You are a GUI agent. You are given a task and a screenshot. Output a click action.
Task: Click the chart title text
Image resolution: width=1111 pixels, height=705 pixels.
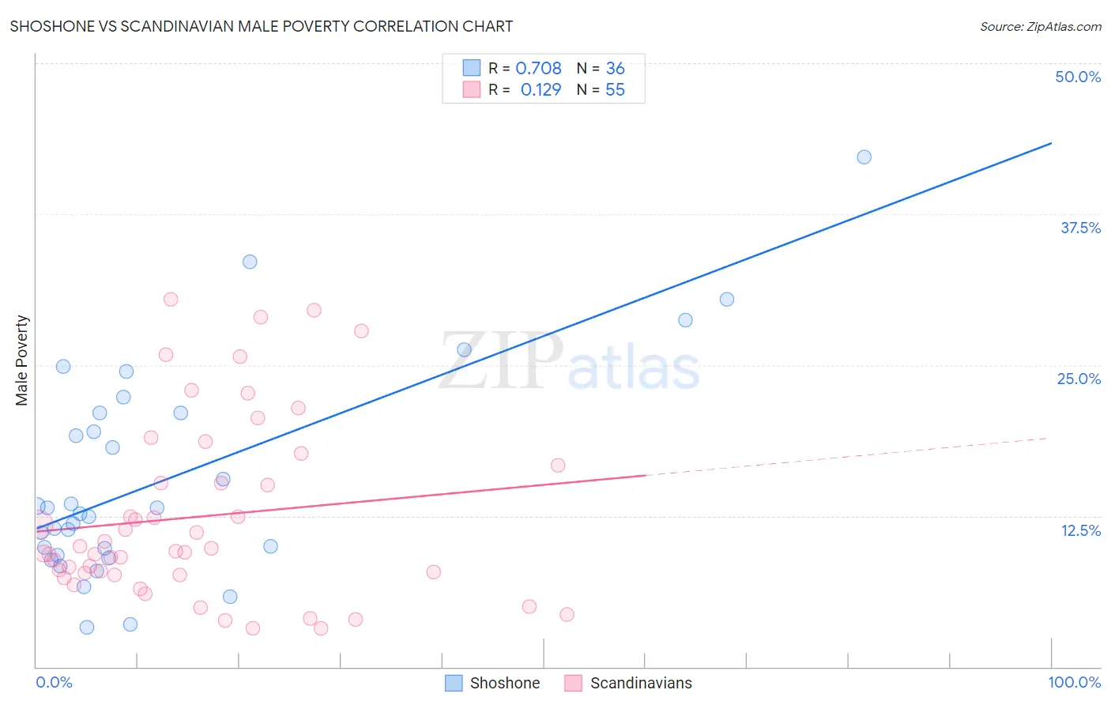point(262,26)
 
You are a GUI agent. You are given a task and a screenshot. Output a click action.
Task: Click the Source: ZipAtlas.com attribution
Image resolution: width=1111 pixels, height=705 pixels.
point(1040,26)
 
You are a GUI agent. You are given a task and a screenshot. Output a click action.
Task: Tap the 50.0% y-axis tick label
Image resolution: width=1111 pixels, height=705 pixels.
point(1078,77)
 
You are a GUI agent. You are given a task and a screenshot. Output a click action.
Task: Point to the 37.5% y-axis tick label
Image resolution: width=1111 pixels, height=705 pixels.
point(1080,228)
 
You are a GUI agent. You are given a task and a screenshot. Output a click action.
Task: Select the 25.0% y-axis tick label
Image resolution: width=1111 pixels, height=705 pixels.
point(1079,379)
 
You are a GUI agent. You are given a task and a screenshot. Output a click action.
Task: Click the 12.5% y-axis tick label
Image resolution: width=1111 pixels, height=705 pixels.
point(1080,530)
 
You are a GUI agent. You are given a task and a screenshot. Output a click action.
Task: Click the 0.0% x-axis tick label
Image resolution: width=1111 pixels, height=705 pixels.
point(54,682)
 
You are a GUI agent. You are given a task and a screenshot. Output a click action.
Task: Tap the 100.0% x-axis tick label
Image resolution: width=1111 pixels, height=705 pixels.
point(1074,682)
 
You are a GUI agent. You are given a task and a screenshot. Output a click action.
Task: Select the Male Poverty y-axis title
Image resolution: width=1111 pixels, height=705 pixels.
point(22,360)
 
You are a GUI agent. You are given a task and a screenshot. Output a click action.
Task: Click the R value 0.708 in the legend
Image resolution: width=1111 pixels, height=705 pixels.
point(538,68)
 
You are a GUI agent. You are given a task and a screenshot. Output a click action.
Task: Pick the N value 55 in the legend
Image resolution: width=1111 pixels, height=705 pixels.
point(615,90)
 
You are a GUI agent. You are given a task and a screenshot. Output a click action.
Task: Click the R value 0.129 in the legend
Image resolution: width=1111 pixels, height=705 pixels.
point(540,90)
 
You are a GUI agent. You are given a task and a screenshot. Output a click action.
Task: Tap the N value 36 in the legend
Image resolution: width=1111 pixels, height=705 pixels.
point(615,68)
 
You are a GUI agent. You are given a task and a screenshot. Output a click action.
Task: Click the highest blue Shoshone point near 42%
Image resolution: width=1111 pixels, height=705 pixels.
point(864,157)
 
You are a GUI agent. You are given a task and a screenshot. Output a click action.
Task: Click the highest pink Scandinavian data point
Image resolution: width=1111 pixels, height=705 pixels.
point(171,300)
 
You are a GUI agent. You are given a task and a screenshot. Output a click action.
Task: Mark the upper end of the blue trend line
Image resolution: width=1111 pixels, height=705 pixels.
point(1050,143)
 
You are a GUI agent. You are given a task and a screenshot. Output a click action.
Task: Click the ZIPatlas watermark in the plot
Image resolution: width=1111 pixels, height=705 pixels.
point(569,362)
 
